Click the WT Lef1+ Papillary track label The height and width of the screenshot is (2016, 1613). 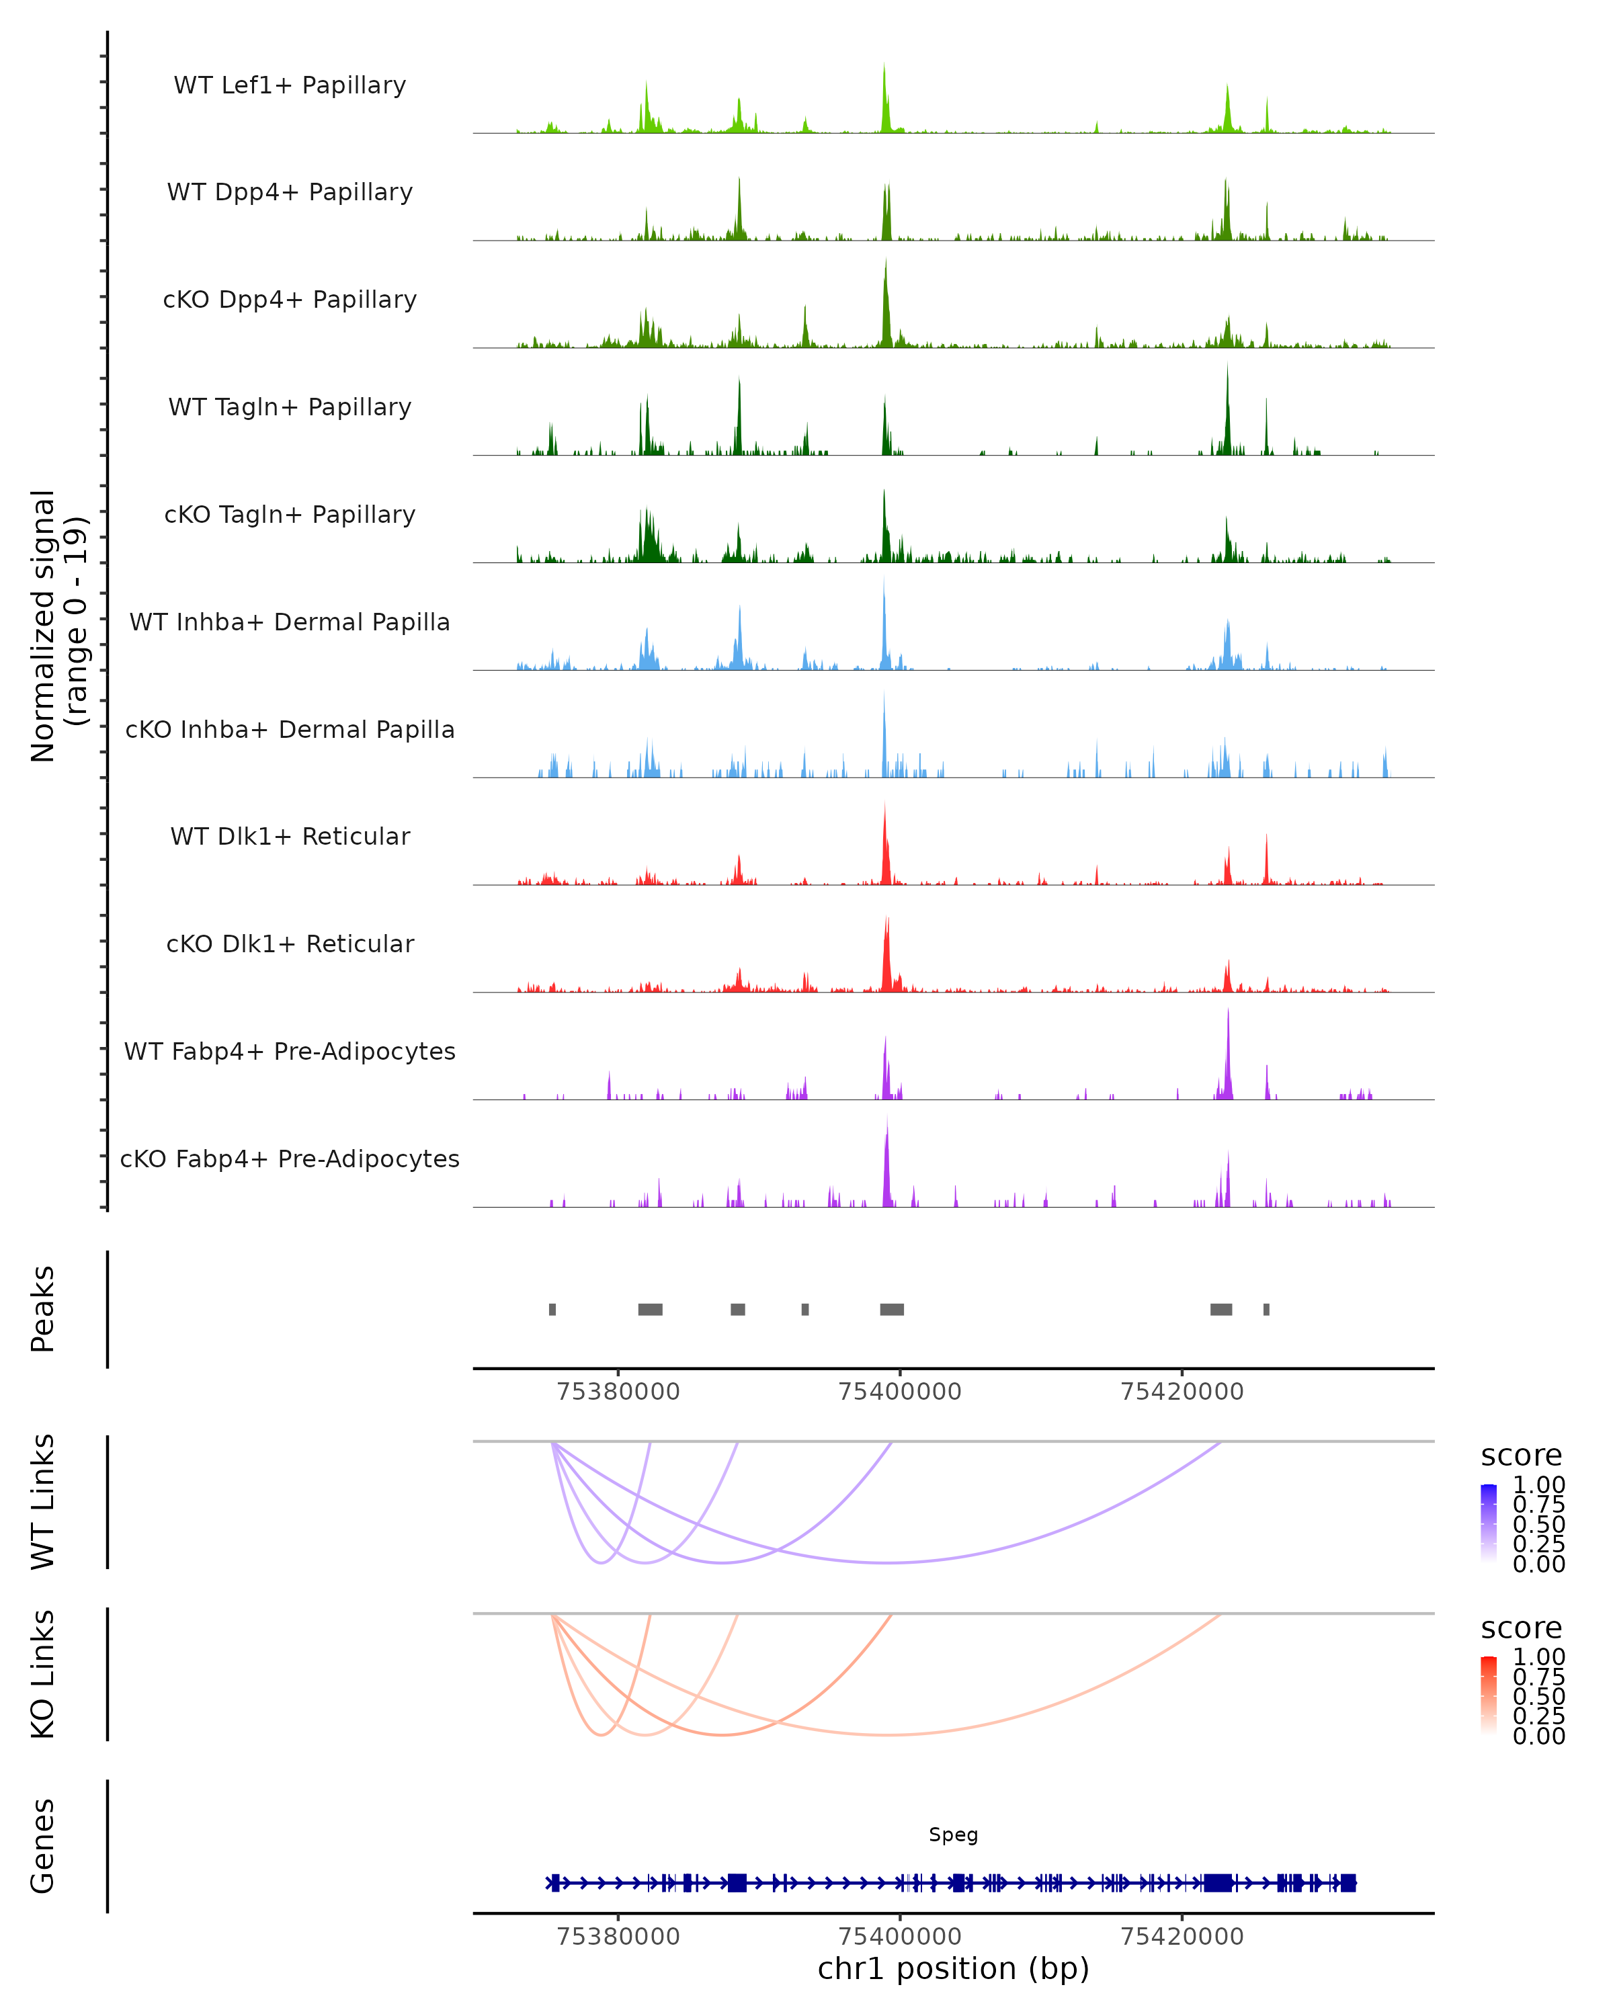[x=290, y=85]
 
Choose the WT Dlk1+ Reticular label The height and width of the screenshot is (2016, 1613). [x=290, y=836]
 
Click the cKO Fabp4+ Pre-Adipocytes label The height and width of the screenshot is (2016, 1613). [x=290, y=1159]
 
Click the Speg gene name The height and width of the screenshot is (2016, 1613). [x=953, y=1835]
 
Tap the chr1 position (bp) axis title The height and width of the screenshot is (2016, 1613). [x=953, y=1968]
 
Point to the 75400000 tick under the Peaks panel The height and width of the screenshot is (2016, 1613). [x=899, y=1392]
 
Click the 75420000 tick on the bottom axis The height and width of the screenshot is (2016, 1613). [x=1182, y=1935]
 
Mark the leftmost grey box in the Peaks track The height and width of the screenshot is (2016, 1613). [x=552, y=1309]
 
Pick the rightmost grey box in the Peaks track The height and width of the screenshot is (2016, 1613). [x=1266, y=1309]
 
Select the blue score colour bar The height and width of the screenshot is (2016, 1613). [x=1489, y=1523]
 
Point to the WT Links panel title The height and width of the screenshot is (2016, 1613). [x=43, y=1502]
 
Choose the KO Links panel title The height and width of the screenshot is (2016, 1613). [x=43, y=1674]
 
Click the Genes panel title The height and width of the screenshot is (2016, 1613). [x=43, y=1846]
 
